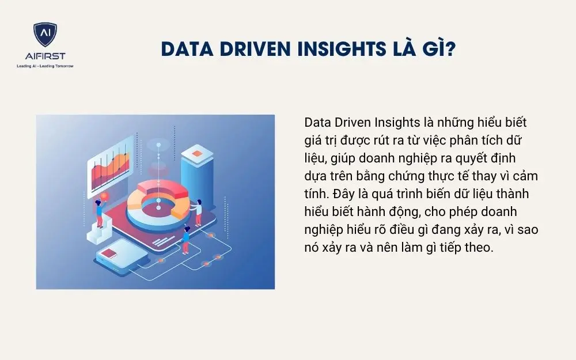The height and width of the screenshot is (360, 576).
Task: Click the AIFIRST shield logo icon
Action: [x=45, y=36]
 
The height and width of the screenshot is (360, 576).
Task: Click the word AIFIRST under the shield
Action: [x=45, y=56]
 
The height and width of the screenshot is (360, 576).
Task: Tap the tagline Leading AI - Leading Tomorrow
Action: [x=45, y=66]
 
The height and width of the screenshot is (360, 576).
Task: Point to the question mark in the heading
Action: [x=450, y=50]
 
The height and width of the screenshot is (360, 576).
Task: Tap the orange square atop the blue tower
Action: [x=197, y=153]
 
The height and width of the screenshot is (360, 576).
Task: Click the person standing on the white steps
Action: [x=99, y=213]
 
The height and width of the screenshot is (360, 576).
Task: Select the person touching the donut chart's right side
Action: [x=198, y=211]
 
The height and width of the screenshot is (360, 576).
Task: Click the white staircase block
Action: [x=98, y=232]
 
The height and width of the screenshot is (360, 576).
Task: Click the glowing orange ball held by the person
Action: [x=104, y=196]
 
